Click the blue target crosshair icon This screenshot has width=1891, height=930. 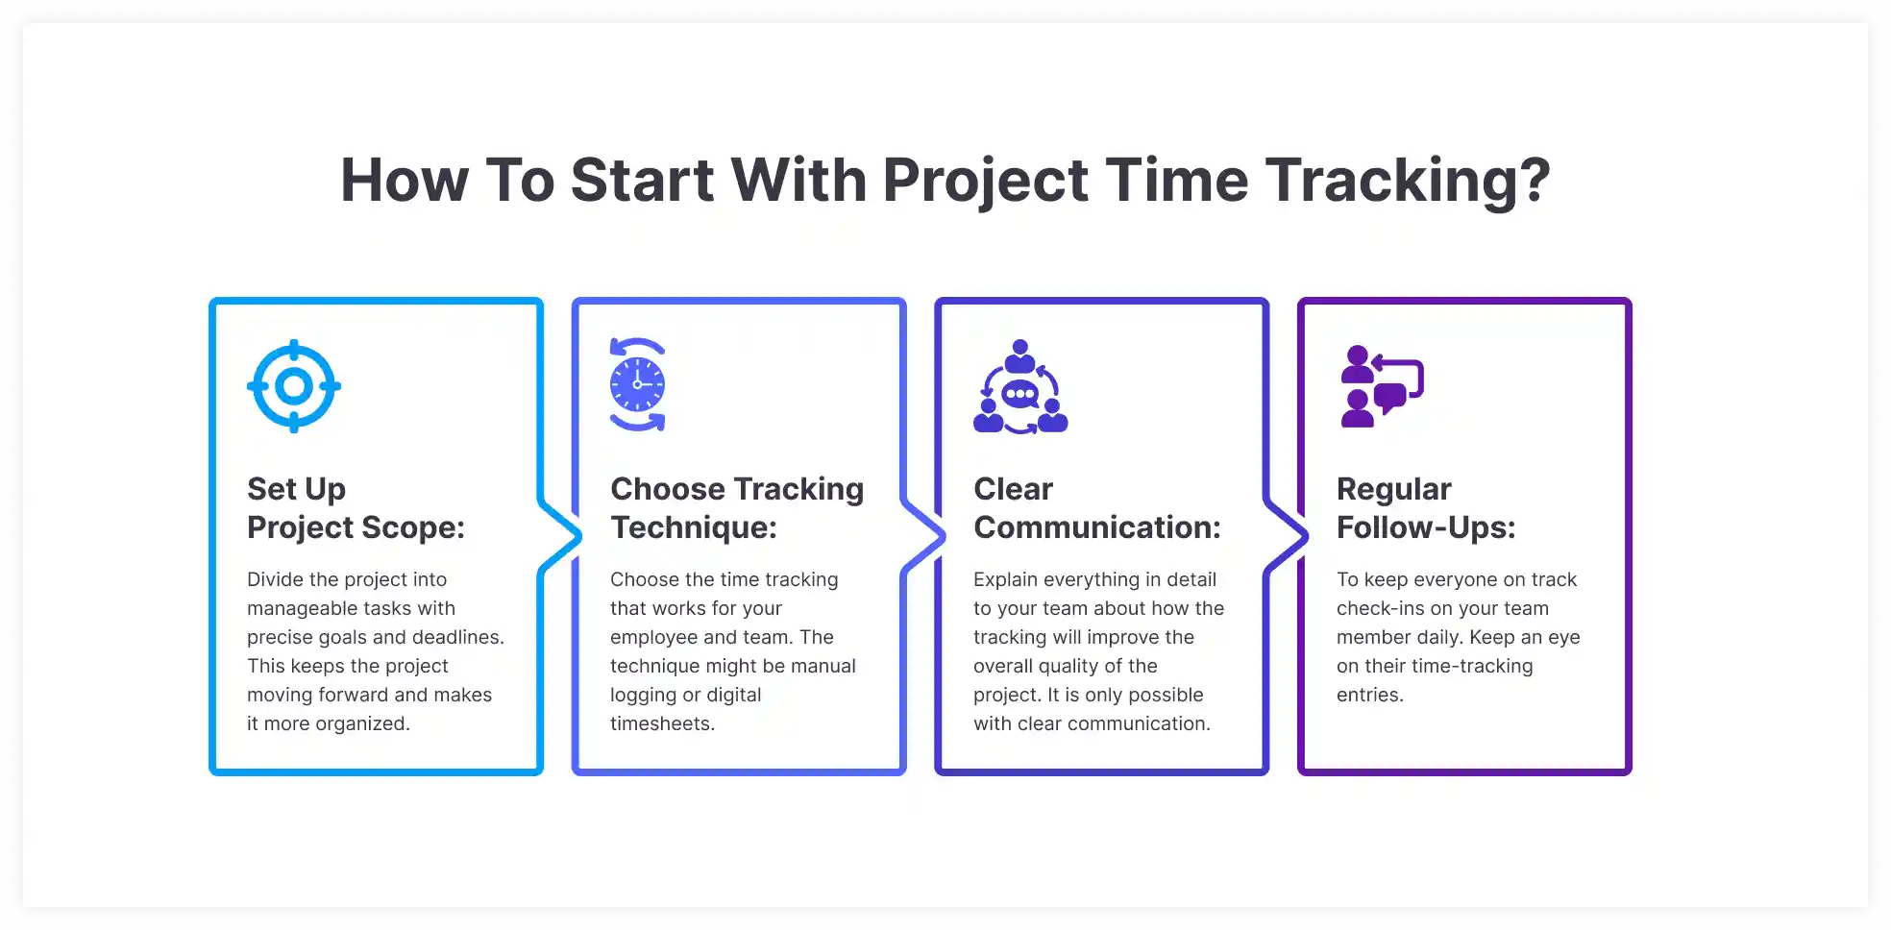coord(294,386)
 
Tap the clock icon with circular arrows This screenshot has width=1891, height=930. coord(637,384)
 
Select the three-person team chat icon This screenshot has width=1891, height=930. coord(1020,387)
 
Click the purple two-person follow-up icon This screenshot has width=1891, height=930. coord(1381,386)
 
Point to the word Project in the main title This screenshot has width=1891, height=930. coord(985,181)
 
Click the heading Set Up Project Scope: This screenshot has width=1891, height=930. coord(356,508)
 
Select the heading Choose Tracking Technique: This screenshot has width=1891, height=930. coord(736,508)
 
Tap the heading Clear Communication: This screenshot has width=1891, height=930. coord(1096,508)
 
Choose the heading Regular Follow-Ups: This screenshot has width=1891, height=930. coord(1425,508)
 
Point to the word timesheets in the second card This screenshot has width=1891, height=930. coord(661,723)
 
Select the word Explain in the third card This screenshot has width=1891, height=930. coord(1005,579)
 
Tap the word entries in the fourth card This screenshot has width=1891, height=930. coord(1369,695)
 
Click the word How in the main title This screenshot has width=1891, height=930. coord(404,181)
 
